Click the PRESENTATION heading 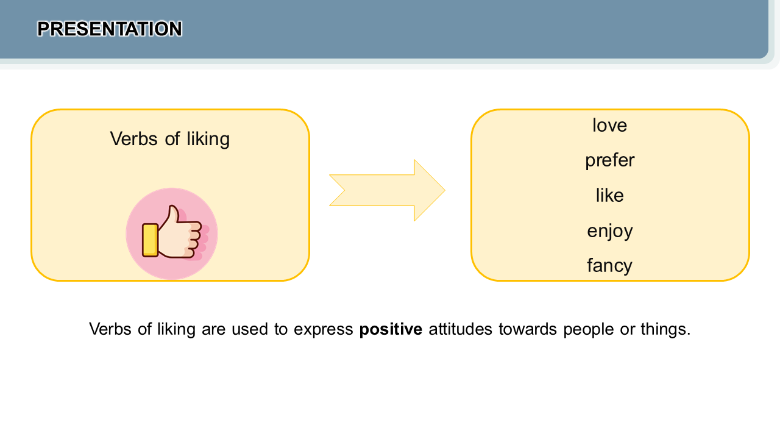[109, 29]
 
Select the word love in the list [610, 126]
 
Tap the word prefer [610, 161]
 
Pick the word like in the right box [610, 195]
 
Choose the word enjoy [610, 231]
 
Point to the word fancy [609, 266]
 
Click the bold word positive [391, 329]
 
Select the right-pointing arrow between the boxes [387, 190]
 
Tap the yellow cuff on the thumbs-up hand [150, 240]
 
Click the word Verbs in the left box [134, 139]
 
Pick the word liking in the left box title [208, 140]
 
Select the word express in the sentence [324, 330]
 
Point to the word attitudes [460, 329]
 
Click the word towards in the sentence [528, 329]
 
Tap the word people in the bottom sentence [589, 330]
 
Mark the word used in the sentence [250, 329]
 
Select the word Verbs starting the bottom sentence [110, 329]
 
